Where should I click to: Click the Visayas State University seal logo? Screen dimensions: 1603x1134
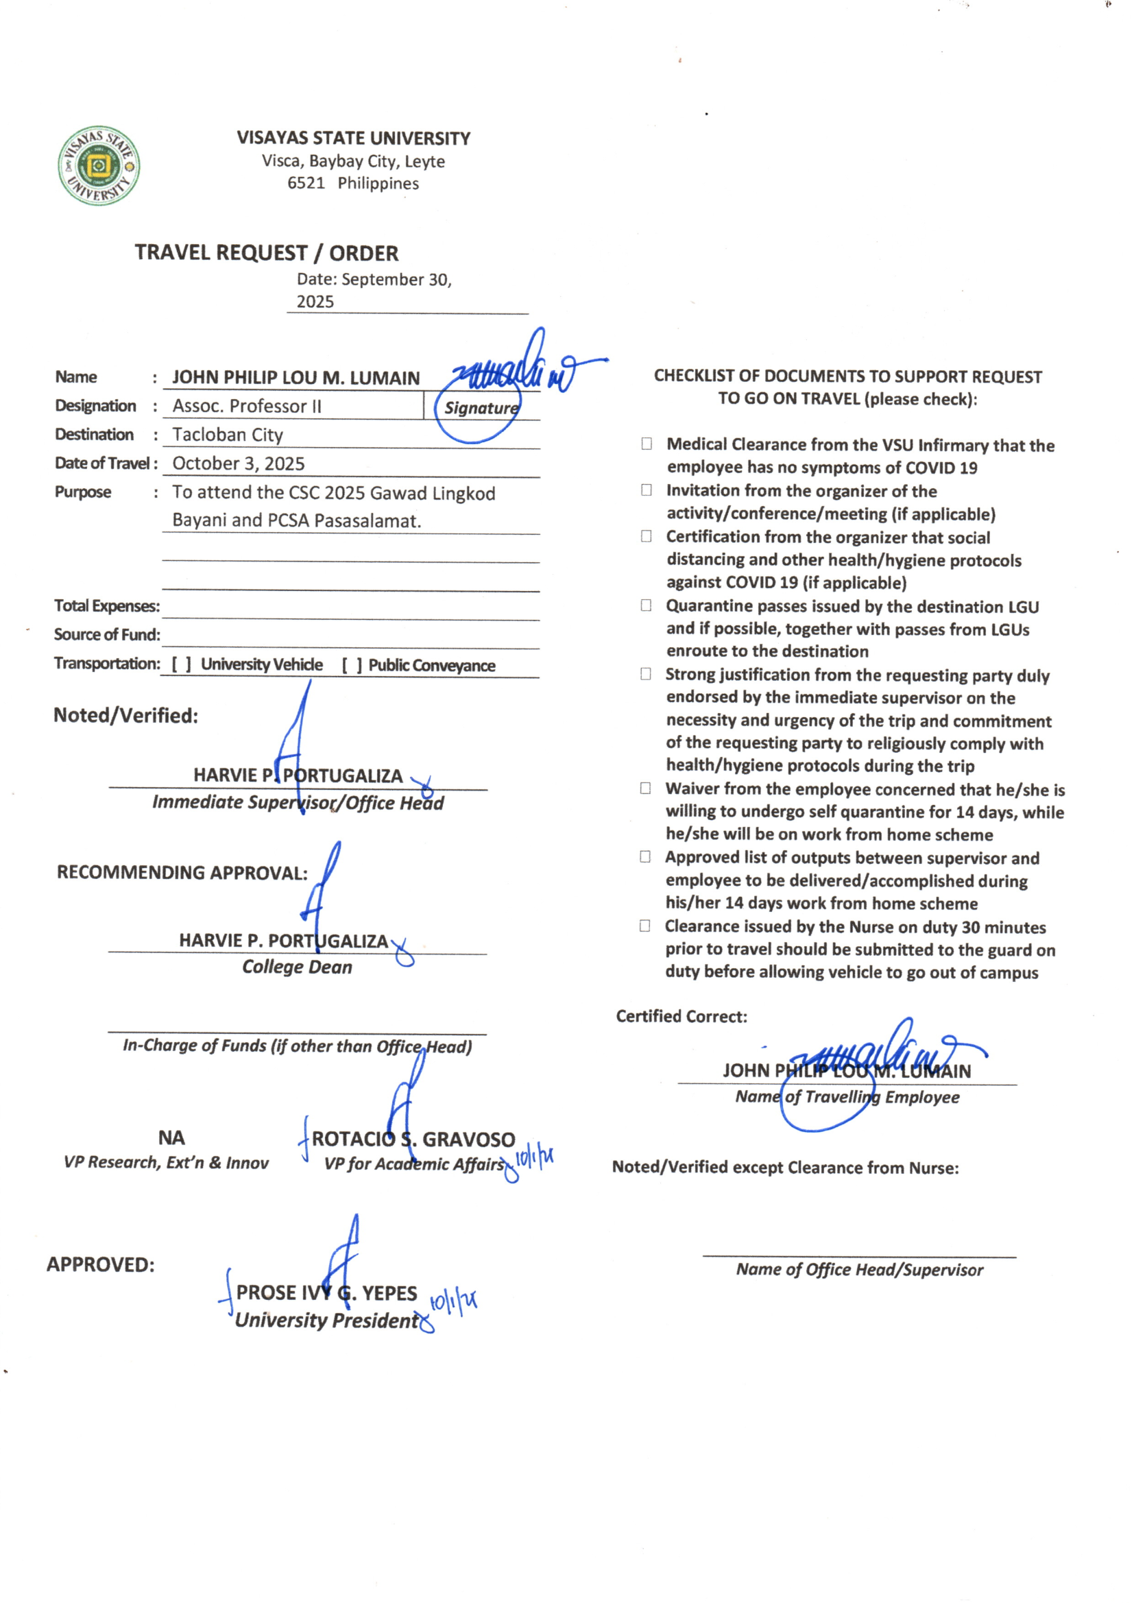tap(99, 165)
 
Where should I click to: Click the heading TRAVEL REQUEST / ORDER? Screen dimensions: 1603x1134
tap(266, 253)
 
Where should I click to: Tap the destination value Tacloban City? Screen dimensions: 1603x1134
tap(228, 435)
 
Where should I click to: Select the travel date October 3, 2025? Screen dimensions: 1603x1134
tap(238, 463)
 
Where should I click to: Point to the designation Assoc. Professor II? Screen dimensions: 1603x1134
tap(247, 407)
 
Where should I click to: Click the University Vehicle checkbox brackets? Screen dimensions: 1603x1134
tap(182, 664)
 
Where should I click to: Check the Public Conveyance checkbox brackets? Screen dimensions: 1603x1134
tap(351, 665)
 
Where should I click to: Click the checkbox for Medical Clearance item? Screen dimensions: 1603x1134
tap(647, 444)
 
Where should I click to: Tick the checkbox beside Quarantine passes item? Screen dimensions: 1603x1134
tap(646, 605)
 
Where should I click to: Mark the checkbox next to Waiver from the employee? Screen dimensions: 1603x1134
tap(646, 788)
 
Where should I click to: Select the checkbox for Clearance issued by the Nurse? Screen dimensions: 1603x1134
tap(645, 926)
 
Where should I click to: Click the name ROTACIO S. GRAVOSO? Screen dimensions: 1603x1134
tap(413, 1140)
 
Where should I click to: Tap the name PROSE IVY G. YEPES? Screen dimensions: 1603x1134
tap(326, 1293)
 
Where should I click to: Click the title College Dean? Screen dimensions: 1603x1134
tap(297, 967)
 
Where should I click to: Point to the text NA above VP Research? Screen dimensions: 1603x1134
tap(171, 1138)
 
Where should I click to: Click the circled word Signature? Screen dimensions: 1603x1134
tap(481, 409)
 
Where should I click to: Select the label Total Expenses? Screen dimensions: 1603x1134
tap(107, 606)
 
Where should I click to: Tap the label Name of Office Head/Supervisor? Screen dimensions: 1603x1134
tap(859, 1270)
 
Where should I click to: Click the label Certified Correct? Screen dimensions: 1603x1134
tap(681, 1017)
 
